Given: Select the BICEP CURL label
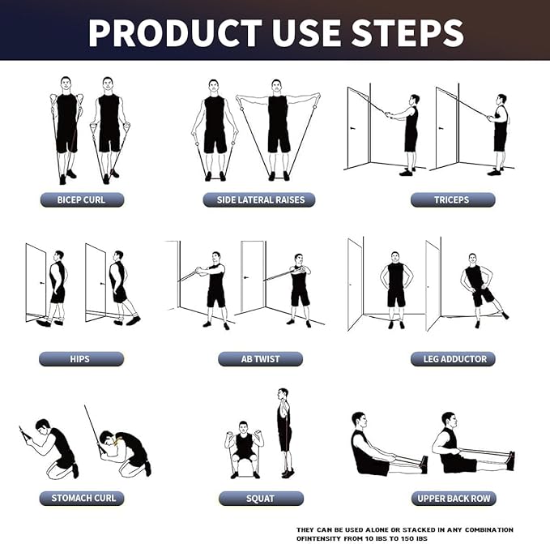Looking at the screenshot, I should (81, 199).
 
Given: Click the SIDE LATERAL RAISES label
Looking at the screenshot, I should (260, 199).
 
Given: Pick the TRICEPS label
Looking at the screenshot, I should (452, 199).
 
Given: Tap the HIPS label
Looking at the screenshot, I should (81, 358).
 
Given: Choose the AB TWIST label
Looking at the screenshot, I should (260, 358).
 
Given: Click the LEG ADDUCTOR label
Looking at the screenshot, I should (452, 358).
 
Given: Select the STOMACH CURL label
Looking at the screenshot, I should (81, 498).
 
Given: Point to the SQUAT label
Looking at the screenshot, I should (260, 498).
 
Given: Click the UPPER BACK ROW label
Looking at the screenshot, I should (452, 498).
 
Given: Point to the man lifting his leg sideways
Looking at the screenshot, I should (479, 288).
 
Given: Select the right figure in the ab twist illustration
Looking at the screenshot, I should (299, 288).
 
